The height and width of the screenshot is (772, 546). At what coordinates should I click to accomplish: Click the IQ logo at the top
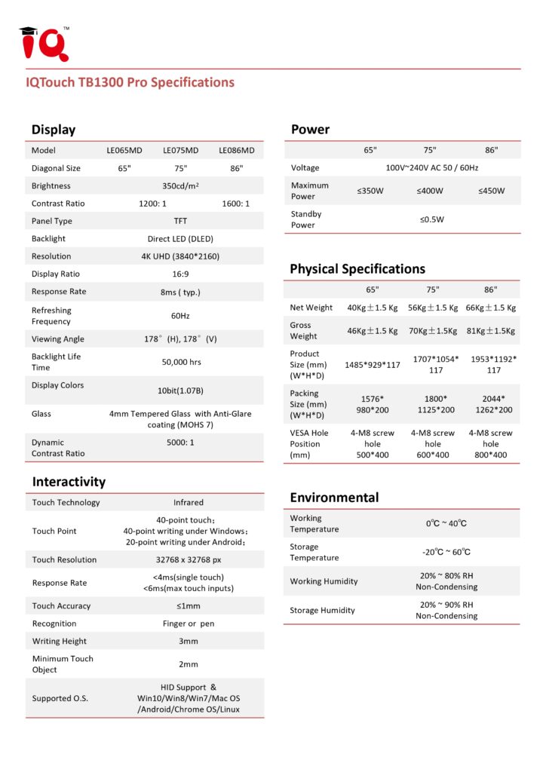44,44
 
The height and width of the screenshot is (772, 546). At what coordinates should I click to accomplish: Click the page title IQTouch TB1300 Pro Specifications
130,83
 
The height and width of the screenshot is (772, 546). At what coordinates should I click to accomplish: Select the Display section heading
54,130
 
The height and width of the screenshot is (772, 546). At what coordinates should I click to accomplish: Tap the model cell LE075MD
180,150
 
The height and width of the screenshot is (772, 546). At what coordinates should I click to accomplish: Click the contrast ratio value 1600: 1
236,204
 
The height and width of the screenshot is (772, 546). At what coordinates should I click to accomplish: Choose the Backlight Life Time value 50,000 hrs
181,362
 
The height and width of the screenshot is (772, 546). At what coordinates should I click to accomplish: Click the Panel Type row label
52,221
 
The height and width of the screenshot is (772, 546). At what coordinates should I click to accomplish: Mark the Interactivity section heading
69,482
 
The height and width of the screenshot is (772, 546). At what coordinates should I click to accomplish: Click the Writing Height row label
60,642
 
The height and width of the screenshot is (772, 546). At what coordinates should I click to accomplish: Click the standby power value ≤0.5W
432,219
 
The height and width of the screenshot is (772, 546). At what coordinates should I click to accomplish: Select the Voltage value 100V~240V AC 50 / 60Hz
431,167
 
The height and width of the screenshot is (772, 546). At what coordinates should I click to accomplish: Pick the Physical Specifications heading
357,269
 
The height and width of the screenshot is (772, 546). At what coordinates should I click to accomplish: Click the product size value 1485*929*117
373,365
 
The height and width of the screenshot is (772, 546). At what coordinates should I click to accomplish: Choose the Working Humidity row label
324,581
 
